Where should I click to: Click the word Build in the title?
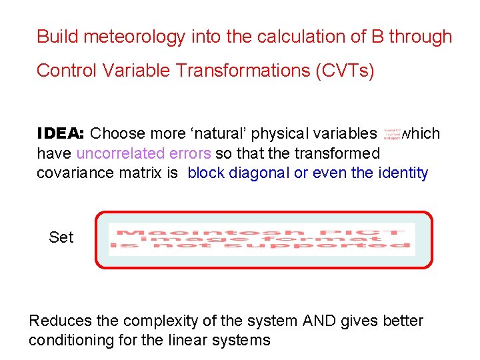(x=55, y=37)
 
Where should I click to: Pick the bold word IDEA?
(x=60, y=133)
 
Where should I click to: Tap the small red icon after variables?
(x=393, y=133)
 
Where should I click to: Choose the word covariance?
(x=70, y=173)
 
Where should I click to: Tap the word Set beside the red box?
(x=61, y=237)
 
